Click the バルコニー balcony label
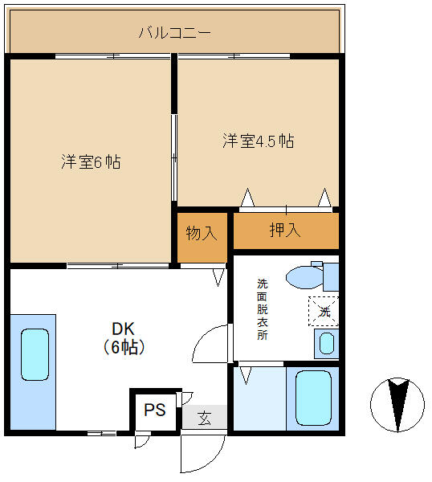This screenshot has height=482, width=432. [x=174, y=33]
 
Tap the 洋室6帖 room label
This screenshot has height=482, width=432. [x=91, y=161]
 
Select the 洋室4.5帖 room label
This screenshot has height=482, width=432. [x=258, y=141]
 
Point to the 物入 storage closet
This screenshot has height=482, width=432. [x=202, y=234]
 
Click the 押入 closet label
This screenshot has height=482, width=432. [x=284, y=230]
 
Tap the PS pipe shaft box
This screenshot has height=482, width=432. [x=154, y=411]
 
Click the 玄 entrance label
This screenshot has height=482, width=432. [x=205, y=418]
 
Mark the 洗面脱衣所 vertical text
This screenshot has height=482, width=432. [x=263, y=309]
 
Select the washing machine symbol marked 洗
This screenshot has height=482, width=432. [x=324, y=311]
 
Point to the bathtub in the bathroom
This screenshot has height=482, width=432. [x=313, y=398]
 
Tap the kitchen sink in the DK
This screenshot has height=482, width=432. [x=35, y=354]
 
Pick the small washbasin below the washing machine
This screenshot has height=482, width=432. [x=325, y=344]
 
